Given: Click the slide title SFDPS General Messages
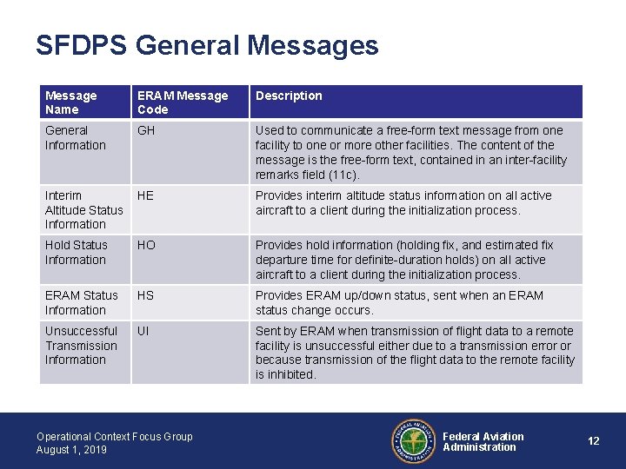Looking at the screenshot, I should pos(207,45).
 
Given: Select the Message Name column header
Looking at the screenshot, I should pos(71,102).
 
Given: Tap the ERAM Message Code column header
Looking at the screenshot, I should pos(183,102).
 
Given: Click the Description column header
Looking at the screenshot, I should pos(289,96).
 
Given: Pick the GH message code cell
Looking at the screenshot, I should pos(145,130).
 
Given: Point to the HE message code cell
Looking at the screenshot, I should pos(145,195).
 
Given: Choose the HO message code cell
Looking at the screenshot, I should pos(146,245).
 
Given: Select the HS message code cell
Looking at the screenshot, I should pos(145,295).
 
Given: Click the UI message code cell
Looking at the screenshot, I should pos(143,331).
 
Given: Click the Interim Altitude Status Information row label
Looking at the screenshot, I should pos(83,209).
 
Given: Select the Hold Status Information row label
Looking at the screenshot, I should pos(76,252).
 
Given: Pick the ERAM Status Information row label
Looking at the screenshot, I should pos(81,302).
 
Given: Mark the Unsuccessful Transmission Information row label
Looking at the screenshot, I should pos(81,345).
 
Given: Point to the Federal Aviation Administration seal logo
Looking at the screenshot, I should pos(412,441).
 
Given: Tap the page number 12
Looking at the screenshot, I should pos(593,441).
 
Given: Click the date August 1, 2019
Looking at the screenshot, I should pos(71,449).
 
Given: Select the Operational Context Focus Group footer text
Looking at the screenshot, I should pos(114,436).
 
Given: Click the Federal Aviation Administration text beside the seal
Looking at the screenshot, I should pos(483,441).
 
